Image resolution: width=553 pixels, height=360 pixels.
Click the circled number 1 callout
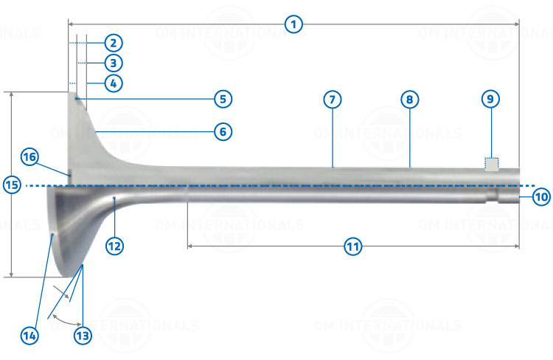coord(293,24)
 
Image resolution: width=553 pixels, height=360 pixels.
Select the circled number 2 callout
coord(114,43)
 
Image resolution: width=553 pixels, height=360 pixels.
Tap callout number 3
coord(114,63)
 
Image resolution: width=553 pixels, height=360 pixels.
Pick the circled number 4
coord(114,83)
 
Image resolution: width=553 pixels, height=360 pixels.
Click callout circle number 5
coord(223,99)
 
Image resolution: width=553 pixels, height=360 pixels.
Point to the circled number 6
coord(223,131)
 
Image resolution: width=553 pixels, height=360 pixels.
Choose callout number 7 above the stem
coord(333,100)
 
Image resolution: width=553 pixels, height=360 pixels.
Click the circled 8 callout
coord(410,100)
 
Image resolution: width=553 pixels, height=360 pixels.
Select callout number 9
coord(490,99)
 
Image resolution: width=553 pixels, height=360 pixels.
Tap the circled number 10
coord(541,196)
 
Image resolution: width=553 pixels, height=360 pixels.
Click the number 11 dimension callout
coord(353,246)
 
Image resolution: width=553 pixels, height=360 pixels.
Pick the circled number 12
coord(114,246)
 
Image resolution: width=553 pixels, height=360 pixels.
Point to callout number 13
coord(83,336)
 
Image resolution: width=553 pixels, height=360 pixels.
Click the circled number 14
coord(29,336)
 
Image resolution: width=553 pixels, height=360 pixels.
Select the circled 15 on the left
coord(12,185)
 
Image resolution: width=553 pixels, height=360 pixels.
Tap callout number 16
coord(29,156)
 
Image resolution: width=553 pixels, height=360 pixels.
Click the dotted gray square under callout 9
coord(492,164)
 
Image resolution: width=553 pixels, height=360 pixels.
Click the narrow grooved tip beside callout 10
coord(509,195)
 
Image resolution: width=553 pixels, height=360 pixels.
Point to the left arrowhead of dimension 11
coord(189,246)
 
